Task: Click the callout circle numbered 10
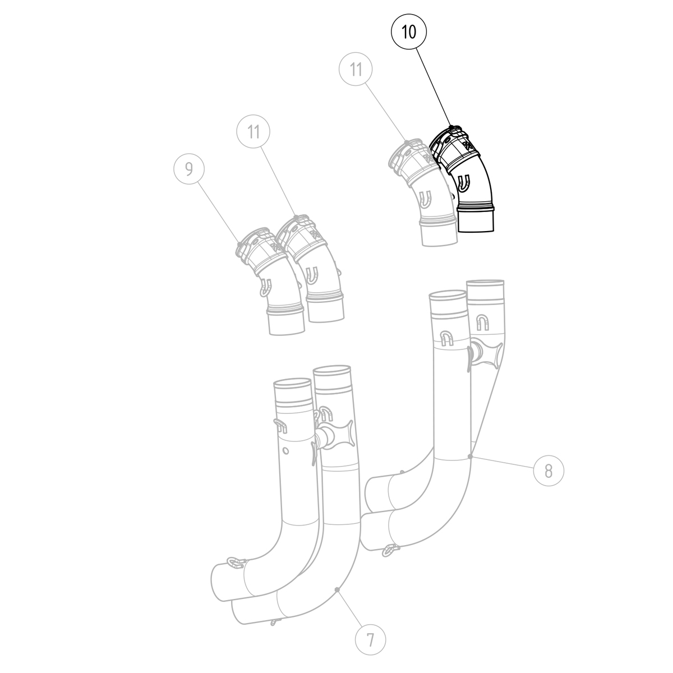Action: pyautogui.click(x=409, y=33)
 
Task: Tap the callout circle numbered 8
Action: pyautogui.click(x=548, y=470)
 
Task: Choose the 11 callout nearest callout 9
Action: pyautogui.click(x=253, y=132)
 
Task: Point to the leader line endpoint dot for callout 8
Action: pyautogui.click(x=472, y=457)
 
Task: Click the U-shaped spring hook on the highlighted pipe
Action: pyautogui.click(x=464, y=182)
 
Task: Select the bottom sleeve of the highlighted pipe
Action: pyautogui.click(x=477, y=220)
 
